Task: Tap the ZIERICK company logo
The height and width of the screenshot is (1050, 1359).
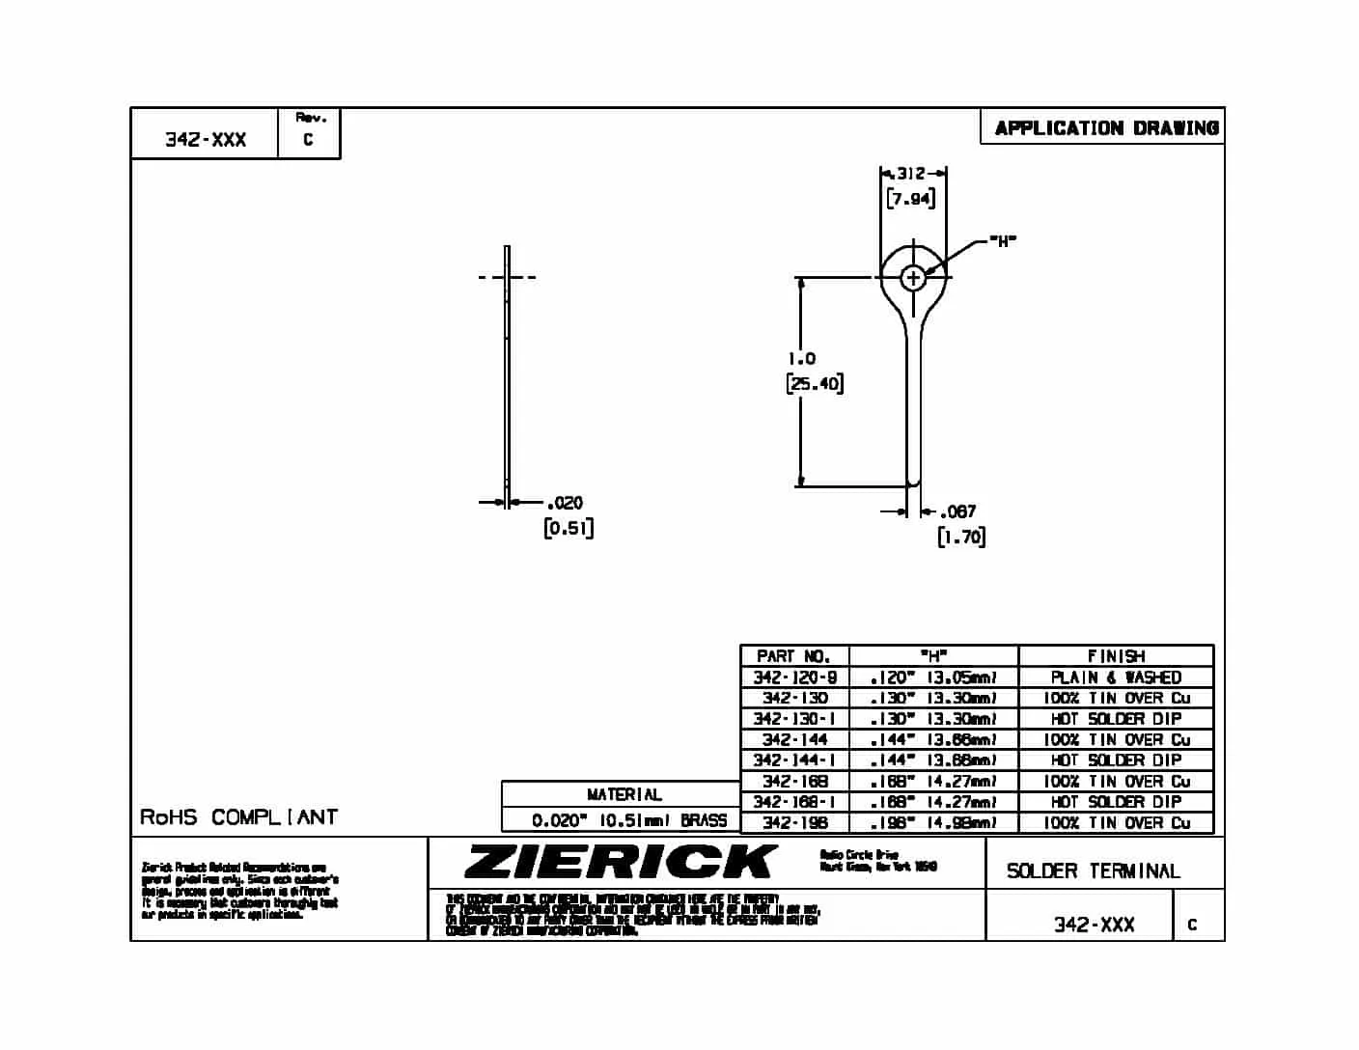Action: click(x=620, y=862)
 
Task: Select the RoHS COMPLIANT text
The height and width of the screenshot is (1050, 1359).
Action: click(x=238, y=817)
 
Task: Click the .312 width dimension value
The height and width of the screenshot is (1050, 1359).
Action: click(x=910, y=174)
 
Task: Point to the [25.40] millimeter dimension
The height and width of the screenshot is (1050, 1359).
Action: click(x=815, y=384)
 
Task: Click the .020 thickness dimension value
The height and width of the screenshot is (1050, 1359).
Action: click(x=565, y=503)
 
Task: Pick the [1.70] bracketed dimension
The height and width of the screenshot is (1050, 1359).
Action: click(x=961, y=537)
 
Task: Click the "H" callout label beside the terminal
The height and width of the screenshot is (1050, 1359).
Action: click(x=1004, y=241)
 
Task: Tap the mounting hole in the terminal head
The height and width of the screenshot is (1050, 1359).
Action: click(x=913, y=278)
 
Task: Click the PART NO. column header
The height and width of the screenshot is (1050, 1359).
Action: click(x=793, y=656)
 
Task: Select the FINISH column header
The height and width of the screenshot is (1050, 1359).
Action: click(x=1116, y=656)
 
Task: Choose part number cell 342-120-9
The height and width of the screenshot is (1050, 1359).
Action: click(x=794, y=677)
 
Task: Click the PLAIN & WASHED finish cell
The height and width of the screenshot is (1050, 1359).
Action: click(x=1116, y=677)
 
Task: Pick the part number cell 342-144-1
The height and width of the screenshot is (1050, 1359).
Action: click(x=794, y=760)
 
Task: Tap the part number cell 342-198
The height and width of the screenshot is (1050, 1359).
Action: click(x=794, y=823)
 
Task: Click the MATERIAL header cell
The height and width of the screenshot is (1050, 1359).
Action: click(x=624, y=794)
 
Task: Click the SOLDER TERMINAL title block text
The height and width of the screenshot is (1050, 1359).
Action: click(x=1093, y=870)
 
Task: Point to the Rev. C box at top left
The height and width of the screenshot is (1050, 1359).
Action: click(x=309, y=132)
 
